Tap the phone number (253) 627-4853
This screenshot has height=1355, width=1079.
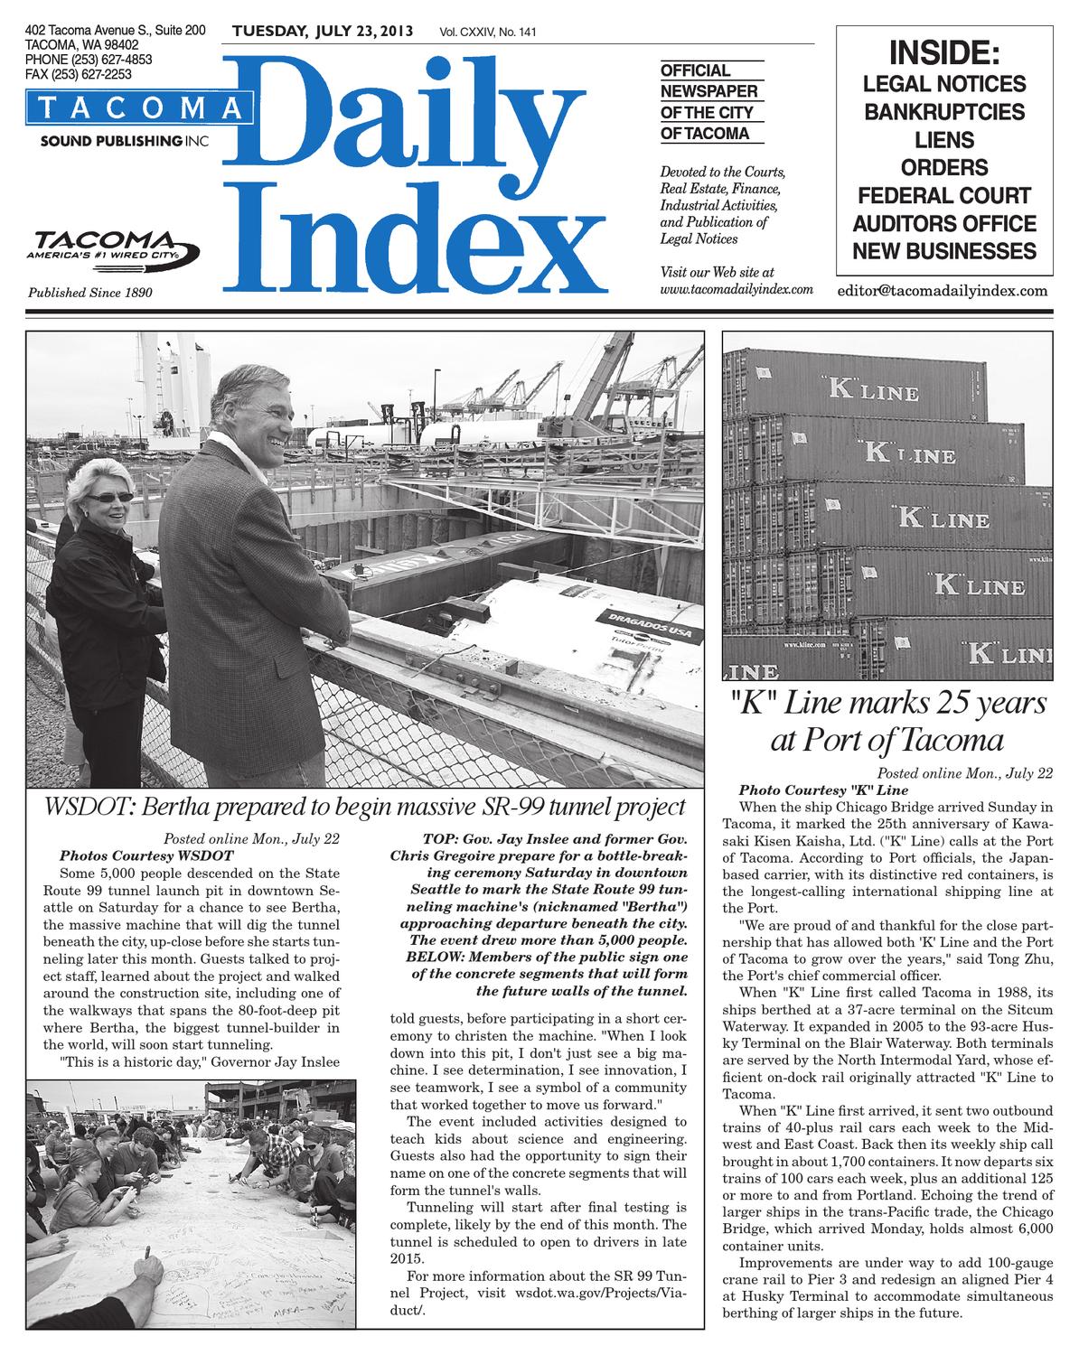(89, 59)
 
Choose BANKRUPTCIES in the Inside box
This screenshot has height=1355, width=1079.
(944, 112)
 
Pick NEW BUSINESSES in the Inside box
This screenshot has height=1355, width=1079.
(944, 250)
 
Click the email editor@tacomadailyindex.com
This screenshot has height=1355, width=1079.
(943, 291)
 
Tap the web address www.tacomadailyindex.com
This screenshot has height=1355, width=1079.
(737, 289)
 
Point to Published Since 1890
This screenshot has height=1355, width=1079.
(90, 293)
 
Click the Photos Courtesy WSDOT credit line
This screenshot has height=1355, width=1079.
(145, 855)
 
